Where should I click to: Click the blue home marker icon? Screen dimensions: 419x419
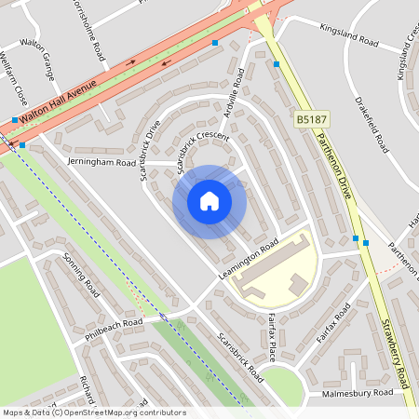209,201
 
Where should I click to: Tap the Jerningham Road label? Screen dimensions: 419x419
101,162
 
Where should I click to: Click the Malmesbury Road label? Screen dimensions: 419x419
358,393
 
